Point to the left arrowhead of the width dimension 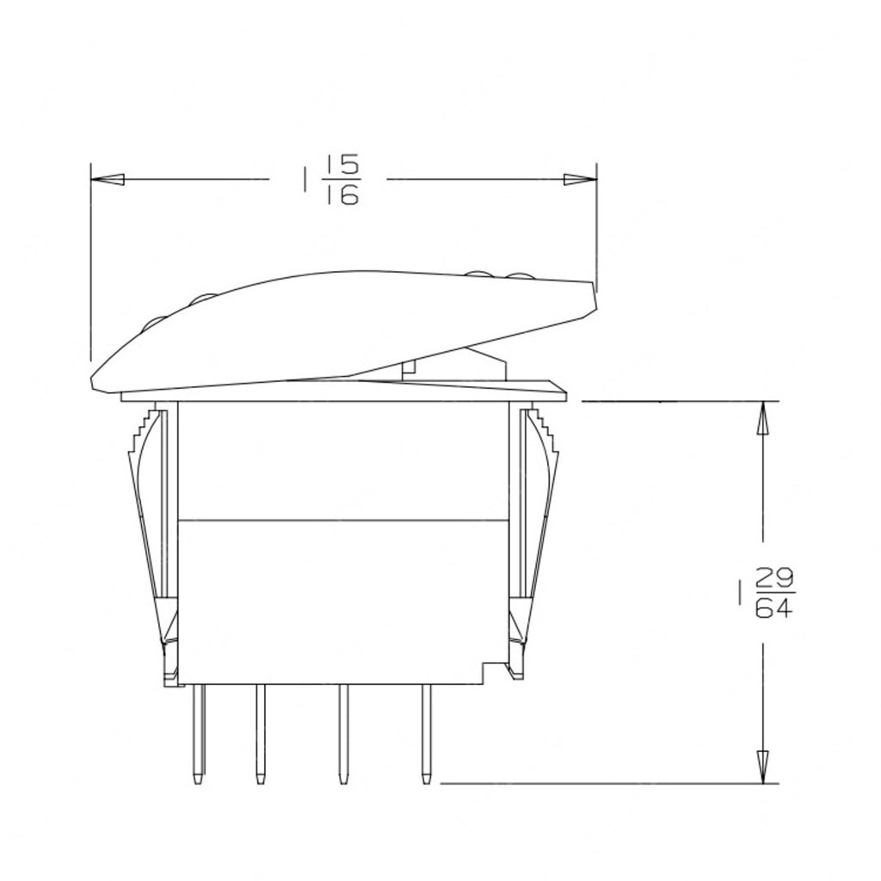tap(108, 180)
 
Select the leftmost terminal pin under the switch tap(199, 731)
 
